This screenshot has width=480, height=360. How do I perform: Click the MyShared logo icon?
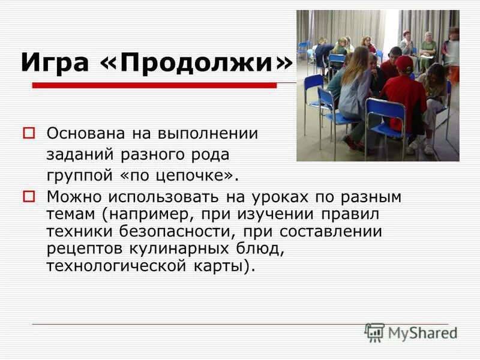coord(374,332)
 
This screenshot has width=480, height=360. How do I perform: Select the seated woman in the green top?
coord(427,50)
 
